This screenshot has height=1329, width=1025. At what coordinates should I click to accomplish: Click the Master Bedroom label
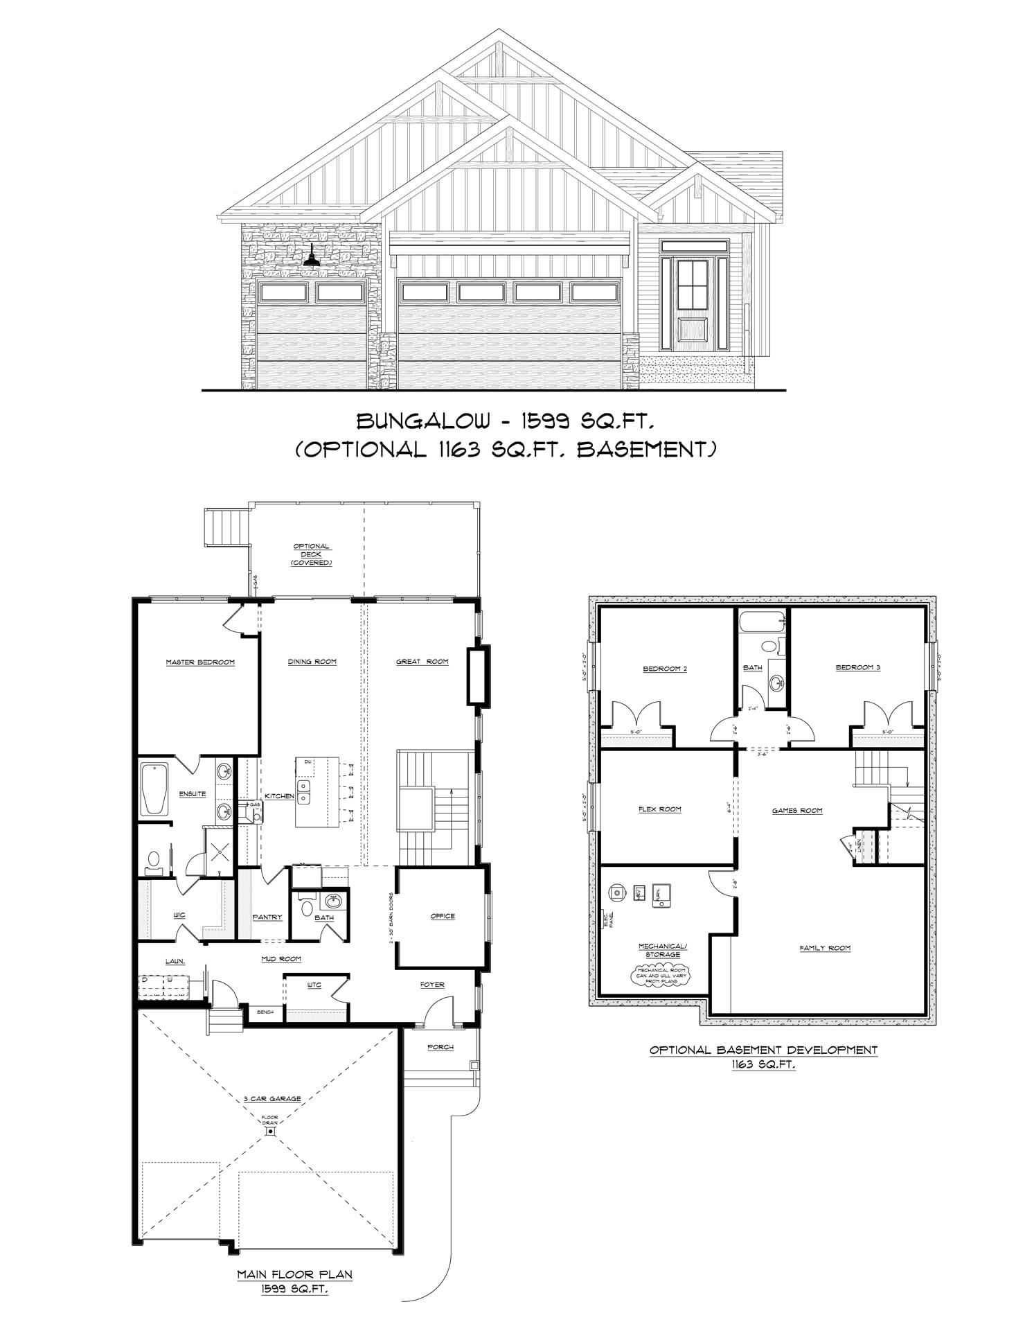[200, 662]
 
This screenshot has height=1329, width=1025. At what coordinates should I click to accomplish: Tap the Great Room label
[422, 662]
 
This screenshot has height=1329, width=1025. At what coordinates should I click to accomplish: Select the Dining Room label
[312, 662]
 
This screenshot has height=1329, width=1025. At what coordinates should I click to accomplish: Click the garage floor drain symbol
[269, 1132]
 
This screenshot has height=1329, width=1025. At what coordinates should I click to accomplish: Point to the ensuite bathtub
[154, 789]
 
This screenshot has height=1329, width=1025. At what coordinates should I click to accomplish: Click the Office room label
[443, 916]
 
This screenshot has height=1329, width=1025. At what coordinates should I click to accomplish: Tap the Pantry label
[267, 917]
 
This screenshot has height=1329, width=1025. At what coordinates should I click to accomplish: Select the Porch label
[440, 1047]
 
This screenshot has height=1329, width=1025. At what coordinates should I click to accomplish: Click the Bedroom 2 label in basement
[665, 669]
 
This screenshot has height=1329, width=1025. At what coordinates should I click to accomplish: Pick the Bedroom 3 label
[857, 668]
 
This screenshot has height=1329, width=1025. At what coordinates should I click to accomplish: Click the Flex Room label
[659, 809]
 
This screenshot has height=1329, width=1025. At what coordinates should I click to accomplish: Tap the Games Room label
[797, 810]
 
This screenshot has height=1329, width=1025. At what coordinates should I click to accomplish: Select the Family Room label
[825, 948]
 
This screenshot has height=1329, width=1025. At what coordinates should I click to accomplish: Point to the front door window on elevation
[694, 284]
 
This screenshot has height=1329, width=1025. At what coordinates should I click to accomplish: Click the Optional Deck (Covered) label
[311, 554]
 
